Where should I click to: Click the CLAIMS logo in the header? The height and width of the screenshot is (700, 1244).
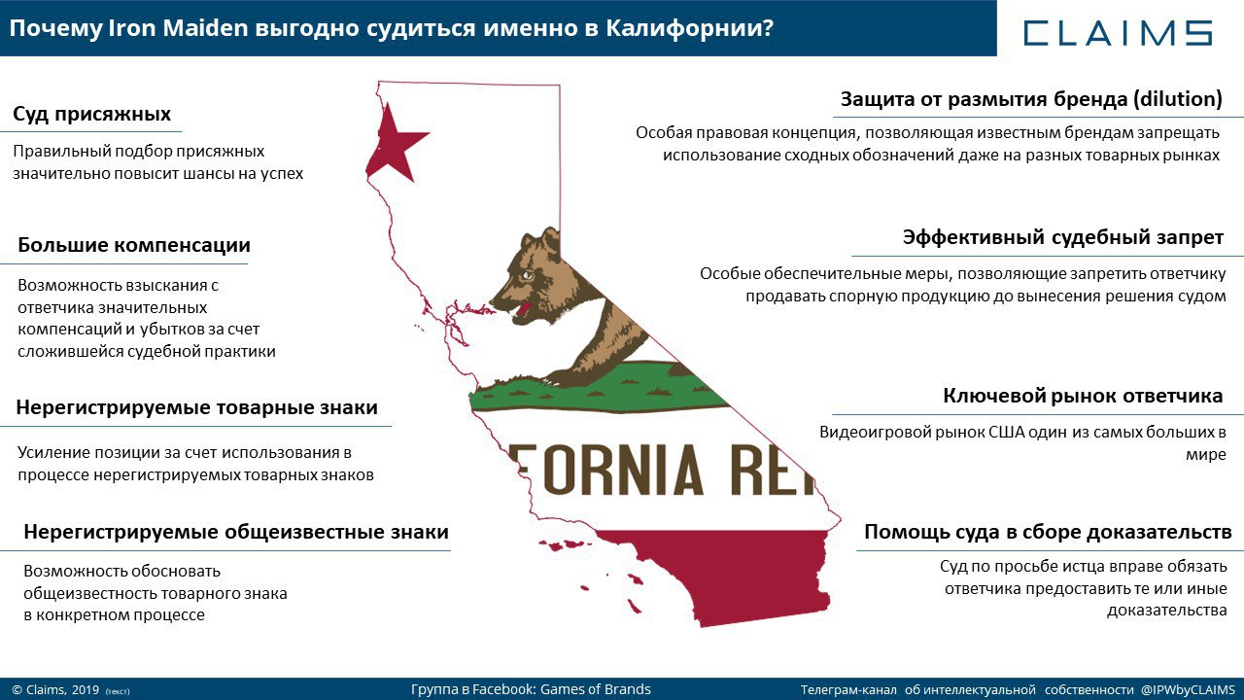pos(1118,33)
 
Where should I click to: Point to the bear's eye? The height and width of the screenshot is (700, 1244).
pos(526,275)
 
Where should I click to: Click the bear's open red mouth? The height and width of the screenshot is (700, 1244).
pos(521,310)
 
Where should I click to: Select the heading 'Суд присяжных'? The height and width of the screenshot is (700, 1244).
pos(91,114)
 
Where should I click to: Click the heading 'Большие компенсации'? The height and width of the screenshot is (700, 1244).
pos(134,245)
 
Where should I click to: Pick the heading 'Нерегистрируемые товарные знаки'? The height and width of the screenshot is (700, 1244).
pos(196,407)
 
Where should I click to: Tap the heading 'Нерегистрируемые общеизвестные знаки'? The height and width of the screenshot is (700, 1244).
pos(236,532)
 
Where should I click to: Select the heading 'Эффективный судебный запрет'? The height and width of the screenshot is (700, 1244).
pos(1063,237)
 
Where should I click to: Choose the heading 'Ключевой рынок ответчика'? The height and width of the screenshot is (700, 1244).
pos(1083,396)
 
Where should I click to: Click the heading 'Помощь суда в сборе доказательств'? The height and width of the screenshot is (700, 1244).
pos(1048,532)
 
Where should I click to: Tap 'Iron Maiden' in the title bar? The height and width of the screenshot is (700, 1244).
pos(178,28)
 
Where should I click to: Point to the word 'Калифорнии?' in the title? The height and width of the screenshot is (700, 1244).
pos(689,28)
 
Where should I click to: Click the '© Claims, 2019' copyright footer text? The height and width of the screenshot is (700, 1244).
pos(55,690)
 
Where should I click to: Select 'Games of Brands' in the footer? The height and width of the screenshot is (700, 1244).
pos(596,689)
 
